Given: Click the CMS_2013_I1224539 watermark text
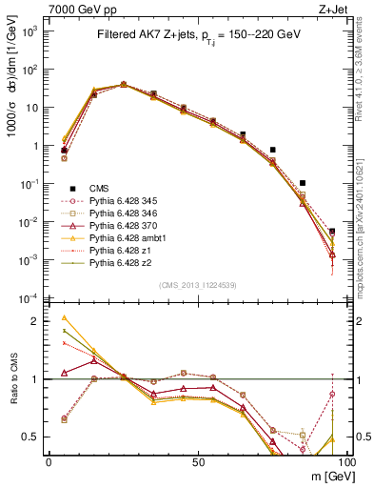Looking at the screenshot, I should (197, 283).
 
